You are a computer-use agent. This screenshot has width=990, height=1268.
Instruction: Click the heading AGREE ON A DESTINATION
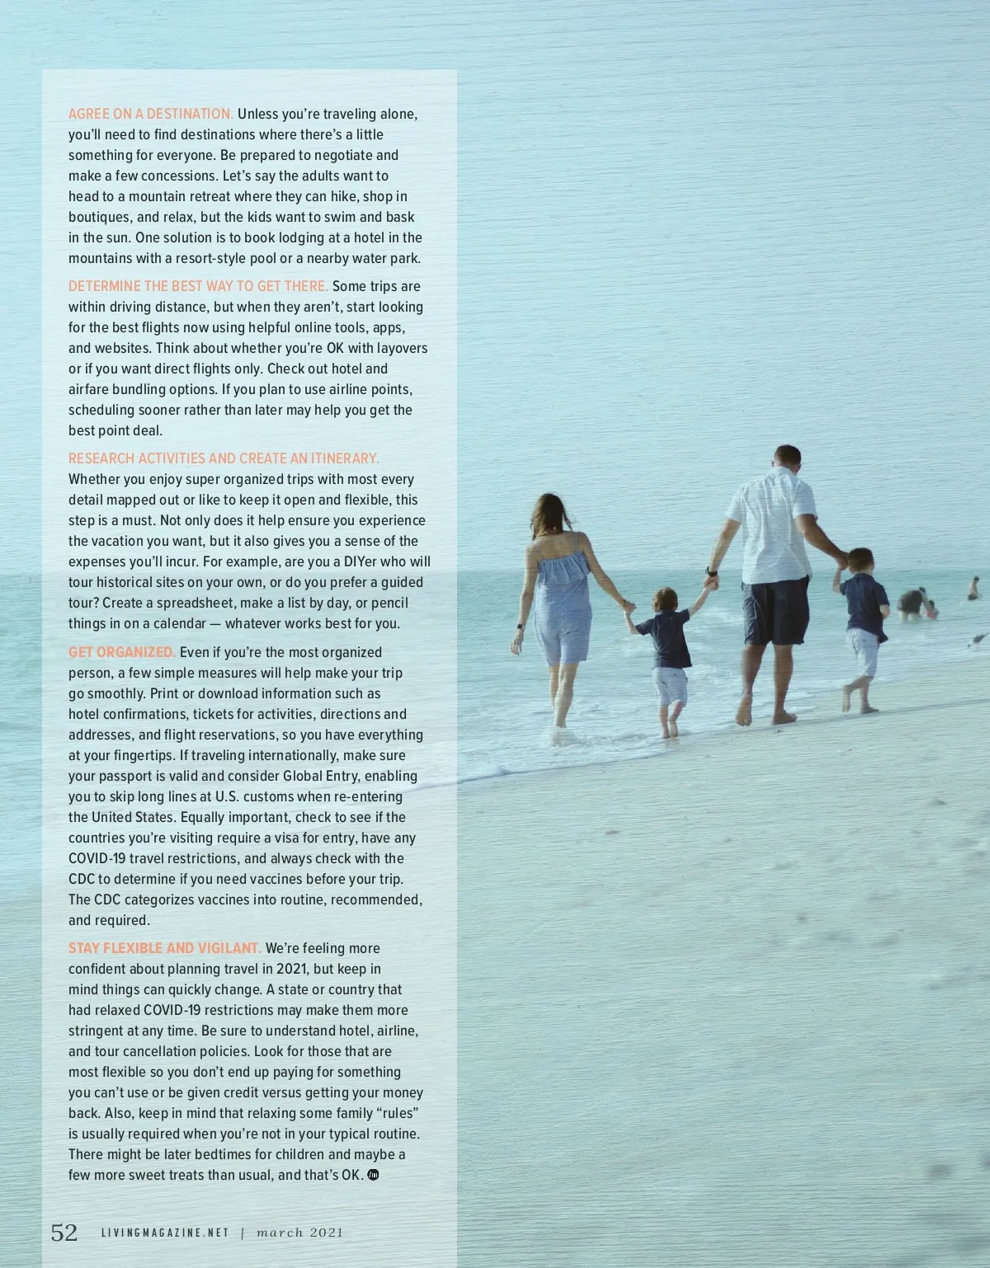[x=150, y=114]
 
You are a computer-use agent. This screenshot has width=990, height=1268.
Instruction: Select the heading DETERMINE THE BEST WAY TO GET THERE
[x=198, y=286]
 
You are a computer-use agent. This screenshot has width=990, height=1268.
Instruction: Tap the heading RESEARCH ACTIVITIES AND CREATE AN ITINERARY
[x=224, y=458]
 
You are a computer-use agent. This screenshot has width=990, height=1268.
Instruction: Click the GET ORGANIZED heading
[x=121, y=652]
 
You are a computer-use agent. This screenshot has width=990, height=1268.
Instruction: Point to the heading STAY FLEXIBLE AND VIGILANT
[x=164, y=948]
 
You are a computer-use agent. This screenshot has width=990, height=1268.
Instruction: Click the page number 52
[x=64, y=1233]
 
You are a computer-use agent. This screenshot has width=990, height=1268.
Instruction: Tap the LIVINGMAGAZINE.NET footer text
[x=164, y=1233]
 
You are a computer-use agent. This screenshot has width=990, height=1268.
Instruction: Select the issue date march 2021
[x=299, y=1233]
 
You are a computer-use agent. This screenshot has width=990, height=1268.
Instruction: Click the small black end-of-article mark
[x=372, y=1175]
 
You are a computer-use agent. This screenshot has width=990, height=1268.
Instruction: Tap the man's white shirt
[x=771, y=524]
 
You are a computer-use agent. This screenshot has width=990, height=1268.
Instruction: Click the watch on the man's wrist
[x=709, y=571]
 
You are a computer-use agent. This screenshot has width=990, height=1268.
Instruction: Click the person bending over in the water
[x=913, y=603]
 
